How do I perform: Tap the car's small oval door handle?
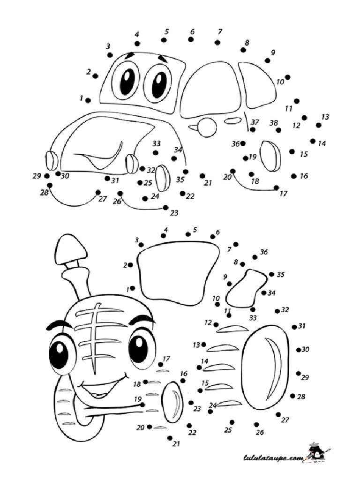click(232, 121)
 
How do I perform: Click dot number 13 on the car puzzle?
click(319, 125)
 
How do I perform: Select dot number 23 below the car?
click(165, 208)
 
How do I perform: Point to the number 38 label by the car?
click(273, 123)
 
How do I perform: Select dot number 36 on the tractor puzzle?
click(255, 257)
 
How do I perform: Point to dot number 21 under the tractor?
click(170, 438)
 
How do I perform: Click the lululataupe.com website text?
click(273, 458)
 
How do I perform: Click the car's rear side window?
click(257, 85)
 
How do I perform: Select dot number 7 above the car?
click(217, 42)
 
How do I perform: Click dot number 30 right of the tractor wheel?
click(299, 350)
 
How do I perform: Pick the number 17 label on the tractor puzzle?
click(166, 359)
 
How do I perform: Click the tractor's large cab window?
click(179, 273)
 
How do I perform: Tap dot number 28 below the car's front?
click(50, 185)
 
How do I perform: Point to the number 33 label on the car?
click(157, 143)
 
